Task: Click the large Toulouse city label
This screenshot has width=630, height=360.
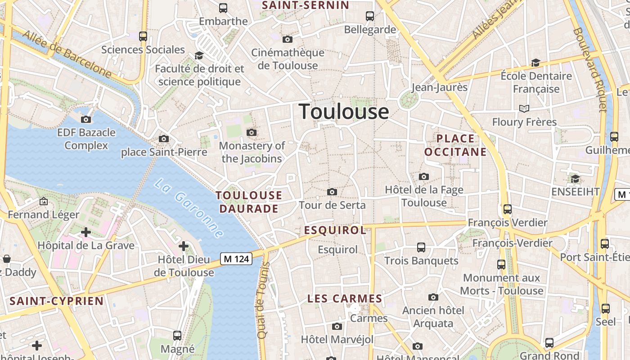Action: pyautogui.click(x=344, y=112)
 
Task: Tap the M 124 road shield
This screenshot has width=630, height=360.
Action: pyautogui.click(x=236, y=259)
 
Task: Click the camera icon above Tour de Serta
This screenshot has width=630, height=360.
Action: pyautogui.click(x=332, y=192)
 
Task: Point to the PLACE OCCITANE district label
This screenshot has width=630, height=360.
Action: pyautogui.click(x=455, y=145)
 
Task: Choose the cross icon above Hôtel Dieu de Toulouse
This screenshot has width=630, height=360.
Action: pyautogui.click(x=184, y=246)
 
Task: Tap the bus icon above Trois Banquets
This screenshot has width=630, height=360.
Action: pyautogui.click(x=421, y=247)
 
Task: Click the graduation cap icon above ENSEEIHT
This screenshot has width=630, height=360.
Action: pyautogui.click(x=575, y=179)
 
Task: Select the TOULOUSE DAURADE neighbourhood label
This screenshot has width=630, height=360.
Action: pyautogui.click(x=249, y=202)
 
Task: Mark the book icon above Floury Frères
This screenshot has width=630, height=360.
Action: pyautogui.click(x=524, y=108)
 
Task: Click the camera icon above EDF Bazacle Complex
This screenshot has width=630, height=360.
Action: pyautogui.click(x=86, y=119)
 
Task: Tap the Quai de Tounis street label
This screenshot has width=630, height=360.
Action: pyautogui.click(x=262, y=301)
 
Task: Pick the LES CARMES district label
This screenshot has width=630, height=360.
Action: pyautogui.click(x=345, y=298)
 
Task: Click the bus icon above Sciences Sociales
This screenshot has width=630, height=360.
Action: pyautogui.click(x=143, y=36)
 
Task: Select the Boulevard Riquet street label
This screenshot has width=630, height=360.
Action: pyautogui.click(x=589, y=70)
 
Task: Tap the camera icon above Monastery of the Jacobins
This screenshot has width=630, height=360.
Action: pyautogui.click(x=252, y=132)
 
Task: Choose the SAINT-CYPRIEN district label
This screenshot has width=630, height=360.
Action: pyautogui.click(x=57, y=301)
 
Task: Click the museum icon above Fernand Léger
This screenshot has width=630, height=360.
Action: pyautogui.click(x=44, y=201)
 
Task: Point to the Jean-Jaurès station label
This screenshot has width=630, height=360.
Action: pyautogui.click(x=440, y=87)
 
